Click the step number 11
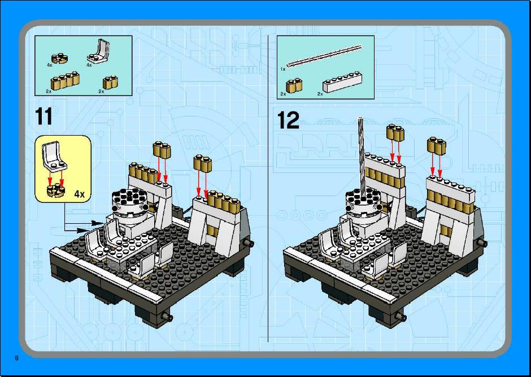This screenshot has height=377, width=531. (x=43, y=116)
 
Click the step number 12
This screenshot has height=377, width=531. (x=288, y=120)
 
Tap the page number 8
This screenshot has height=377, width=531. (x=16, y=358)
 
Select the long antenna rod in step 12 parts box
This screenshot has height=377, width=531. (x=324, y=56)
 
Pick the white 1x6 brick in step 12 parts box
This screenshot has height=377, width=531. (x=342, y=82)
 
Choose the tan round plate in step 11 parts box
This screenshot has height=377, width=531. (x=60, y=59)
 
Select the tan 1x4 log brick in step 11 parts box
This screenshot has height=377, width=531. (x=65, y=81)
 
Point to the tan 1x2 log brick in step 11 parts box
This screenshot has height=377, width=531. (x=110, y=82)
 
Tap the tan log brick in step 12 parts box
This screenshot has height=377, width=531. (x=294, y=85)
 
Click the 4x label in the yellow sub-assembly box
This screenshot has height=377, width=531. (x=79, y=194)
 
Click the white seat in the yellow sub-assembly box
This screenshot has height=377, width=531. (x=54, y=157)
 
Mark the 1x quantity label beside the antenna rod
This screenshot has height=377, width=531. (x=283, y=69)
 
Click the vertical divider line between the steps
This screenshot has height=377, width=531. (x=268, y=188)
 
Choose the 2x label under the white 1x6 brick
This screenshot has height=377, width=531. (x=320, y=94)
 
